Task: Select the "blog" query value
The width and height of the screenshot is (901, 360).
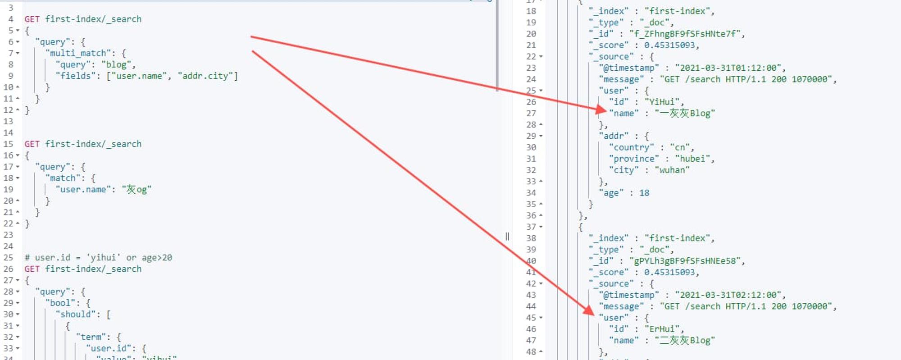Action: point(116,64)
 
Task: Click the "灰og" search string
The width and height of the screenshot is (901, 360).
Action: point(137,189)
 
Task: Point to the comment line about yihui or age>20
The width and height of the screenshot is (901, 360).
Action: point(98,258)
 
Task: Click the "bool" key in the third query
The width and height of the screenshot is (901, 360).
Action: point(60,303)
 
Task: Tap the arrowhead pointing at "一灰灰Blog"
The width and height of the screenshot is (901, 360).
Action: point(601,109)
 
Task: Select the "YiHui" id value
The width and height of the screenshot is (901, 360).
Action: point(662,102)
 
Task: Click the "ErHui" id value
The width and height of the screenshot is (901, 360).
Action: point(662,329)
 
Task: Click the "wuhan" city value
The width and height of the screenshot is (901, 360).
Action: point(672,170)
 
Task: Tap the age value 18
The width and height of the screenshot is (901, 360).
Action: point(644,193)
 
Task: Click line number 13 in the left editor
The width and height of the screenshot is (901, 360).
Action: point(8,121)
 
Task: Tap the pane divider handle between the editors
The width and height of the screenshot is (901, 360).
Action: point(507,237)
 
